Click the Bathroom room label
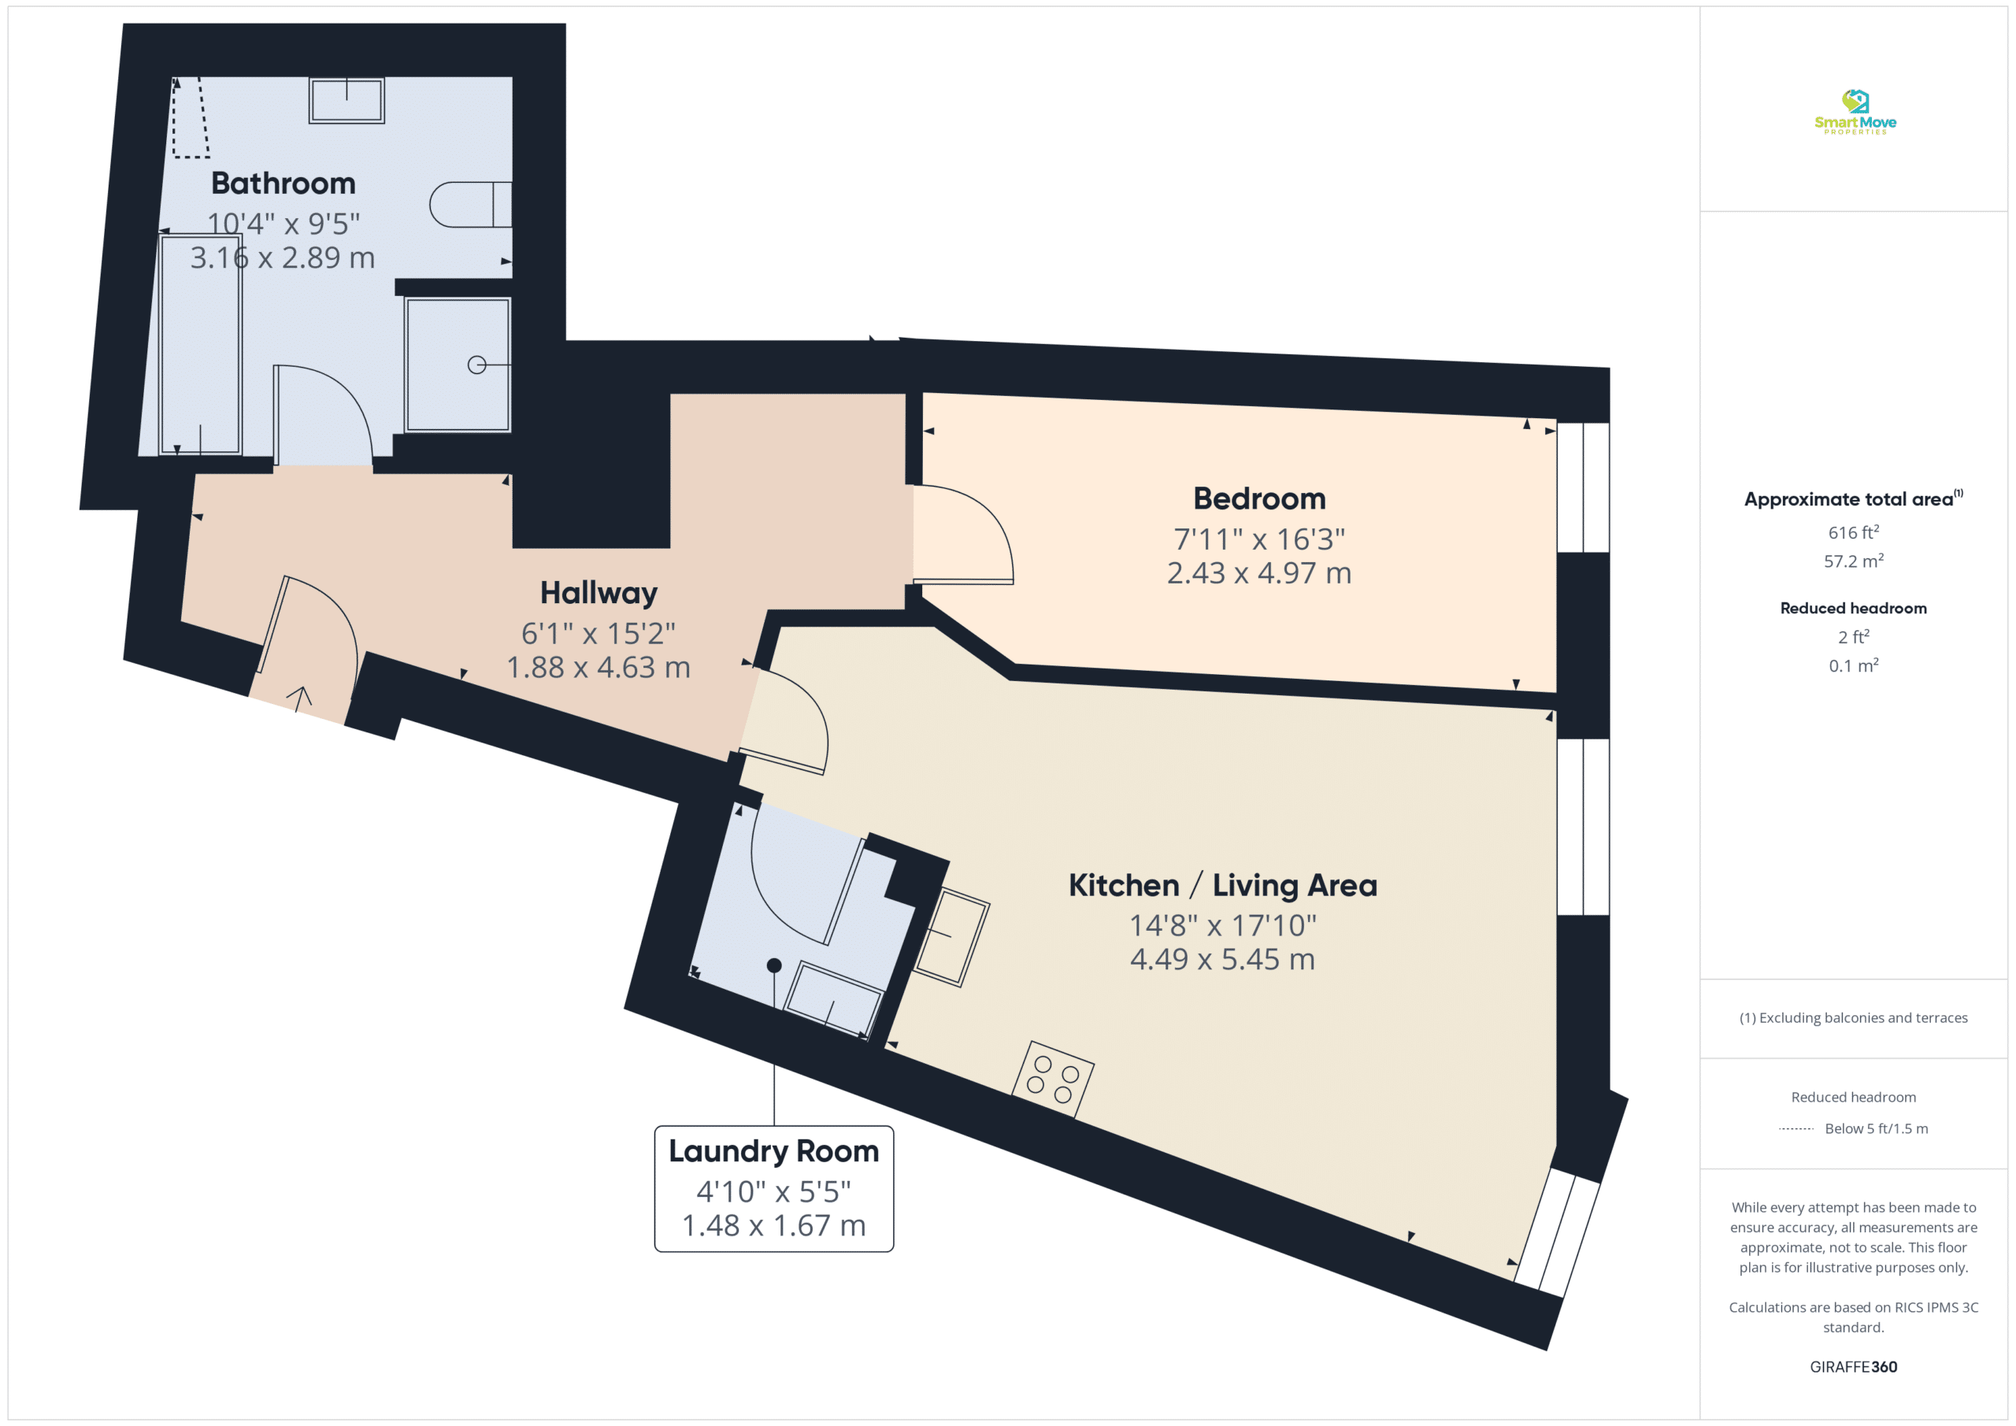[283, 183]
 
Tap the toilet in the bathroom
[471, 205]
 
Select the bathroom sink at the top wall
[346, 100]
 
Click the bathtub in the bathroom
[200, 344]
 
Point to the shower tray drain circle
[476, 365]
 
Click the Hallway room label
[598, 594]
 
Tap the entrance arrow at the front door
[299, 699]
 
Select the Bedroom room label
[1259, 498]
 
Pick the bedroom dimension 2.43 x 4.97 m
[1259, 573]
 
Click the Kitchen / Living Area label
[1222, 885]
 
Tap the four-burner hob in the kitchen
[1053, 1080]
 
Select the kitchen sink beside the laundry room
[952, 938]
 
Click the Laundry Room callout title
[773, 1152]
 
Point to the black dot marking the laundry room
[773, 966]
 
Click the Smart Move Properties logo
[1855, 112]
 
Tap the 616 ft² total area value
[1854, 532]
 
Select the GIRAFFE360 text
[1854, 1367]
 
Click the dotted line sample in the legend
[1795, 1129]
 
